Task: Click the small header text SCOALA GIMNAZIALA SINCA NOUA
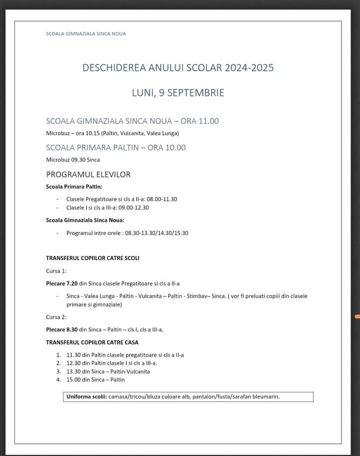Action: coord(86,34)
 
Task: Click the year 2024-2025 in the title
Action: coord(249,68)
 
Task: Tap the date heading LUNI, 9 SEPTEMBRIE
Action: coord(178,93)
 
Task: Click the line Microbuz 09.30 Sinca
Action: coord(73,160)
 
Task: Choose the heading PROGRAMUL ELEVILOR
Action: coord(88,174)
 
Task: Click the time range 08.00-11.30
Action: coord(161,199)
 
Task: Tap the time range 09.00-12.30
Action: coord(133,208)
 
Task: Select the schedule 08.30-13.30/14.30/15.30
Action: coord(156,233)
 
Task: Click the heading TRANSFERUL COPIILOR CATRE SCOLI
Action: coord(92,258)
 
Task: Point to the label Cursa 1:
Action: coord(56,271)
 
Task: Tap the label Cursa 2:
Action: coord(56,317)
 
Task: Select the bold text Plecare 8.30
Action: coord(61,330)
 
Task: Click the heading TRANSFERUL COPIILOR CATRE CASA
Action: coord(92,343)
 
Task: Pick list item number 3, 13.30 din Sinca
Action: coord(108,372)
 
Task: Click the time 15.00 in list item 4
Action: coord(73,380)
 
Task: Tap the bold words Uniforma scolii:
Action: coord(87,397)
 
